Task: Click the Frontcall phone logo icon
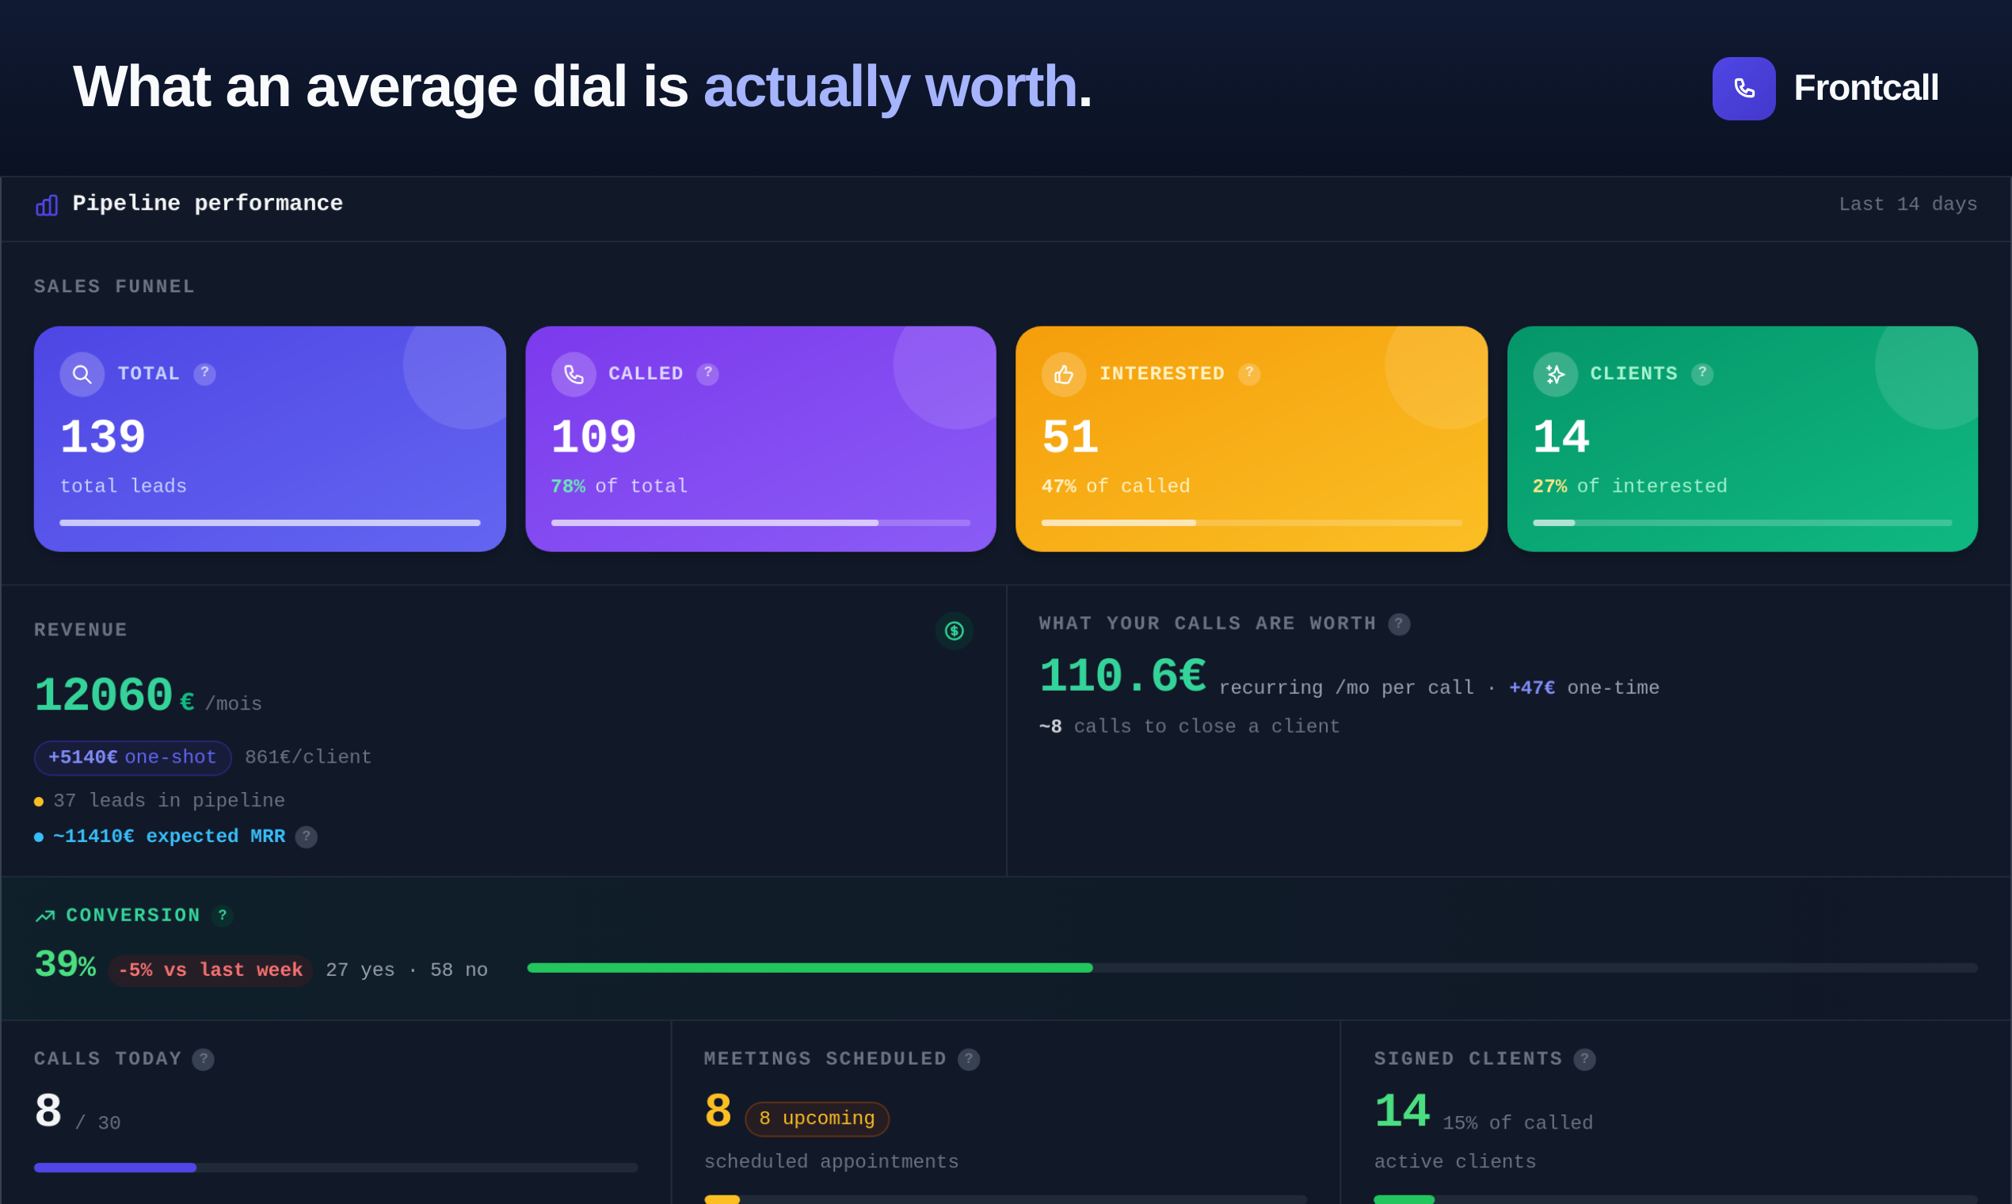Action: tap(1743, 89)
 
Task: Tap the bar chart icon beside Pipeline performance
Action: tap(46, 205)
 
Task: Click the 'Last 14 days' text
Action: tap(1907, 204)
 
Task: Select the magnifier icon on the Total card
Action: tap(82, 374)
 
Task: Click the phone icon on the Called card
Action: tap(573, 374)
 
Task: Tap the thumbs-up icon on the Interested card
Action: tap(1064, 374)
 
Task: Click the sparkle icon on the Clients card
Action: tap(1555, 374)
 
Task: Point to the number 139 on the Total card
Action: tap(103, 437)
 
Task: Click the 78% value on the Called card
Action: tap(568, 487)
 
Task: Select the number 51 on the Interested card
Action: tap(1070, 437)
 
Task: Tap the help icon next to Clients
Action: tap(1702, 374)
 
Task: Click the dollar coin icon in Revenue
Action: tap(954, 631)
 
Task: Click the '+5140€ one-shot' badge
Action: tap(132, 758)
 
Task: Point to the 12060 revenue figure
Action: tap(103, 696)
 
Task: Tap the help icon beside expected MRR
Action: tap(306, 837)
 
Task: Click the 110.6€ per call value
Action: tap(1122, 676)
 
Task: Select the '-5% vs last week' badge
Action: tap(210, 970)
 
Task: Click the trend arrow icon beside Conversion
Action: tap(45, 916)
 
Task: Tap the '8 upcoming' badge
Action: tap(817, 1118)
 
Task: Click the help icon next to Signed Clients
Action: tap(1584, 1060)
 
